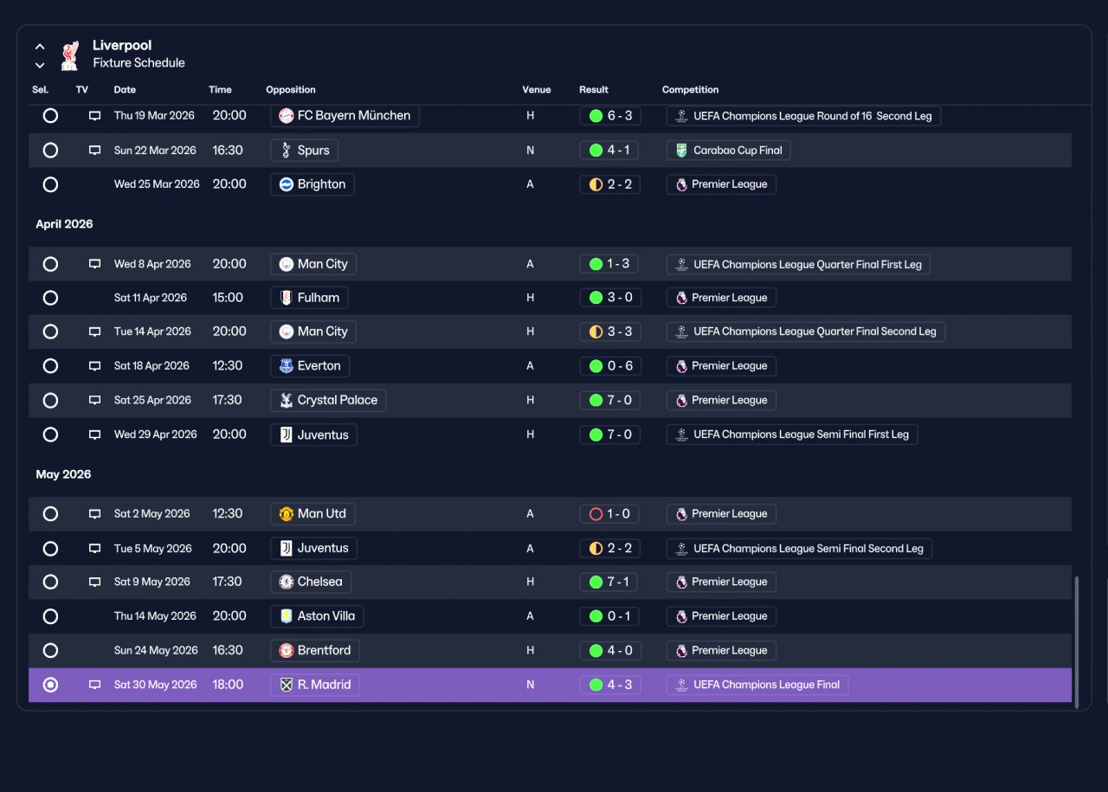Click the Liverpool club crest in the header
[70, 55]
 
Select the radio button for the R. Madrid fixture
[50, 685]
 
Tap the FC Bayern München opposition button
[345, 116]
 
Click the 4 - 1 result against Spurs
[609, 150]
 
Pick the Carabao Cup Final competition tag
[728, 150]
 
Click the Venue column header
[536, 89]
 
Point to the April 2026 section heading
[64, 224]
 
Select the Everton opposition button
[310, 366]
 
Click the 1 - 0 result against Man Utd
[609, 514]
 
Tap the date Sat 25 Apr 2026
[152, 400]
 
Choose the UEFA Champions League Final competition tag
[757, 685]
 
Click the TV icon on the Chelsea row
[94, 582]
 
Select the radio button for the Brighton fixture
[50, 184]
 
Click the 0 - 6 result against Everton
[610, 366]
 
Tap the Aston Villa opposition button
[317, 616]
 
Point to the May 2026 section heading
[63, 474]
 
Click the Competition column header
[690, 89]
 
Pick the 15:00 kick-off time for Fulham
[228, 298]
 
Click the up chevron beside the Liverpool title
[40, 47]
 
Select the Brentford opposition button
[315, 651]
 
